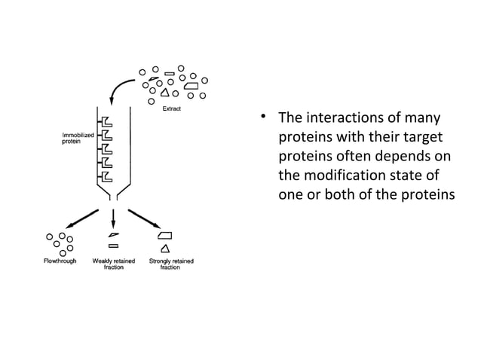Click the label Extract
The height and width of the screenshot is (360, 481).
click(x=170, y=108)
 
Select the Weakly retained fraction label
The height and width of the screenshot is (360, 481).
click(x=113, y=264)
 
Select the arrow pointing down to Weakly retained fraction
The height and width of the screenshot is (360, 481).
click(x=113, y=218)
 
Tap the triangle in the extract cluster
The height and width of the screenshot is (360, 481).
click(x=164, y=94)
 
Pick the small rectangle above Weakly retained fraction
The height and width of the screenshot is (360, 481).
click(x=113, y=246)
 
